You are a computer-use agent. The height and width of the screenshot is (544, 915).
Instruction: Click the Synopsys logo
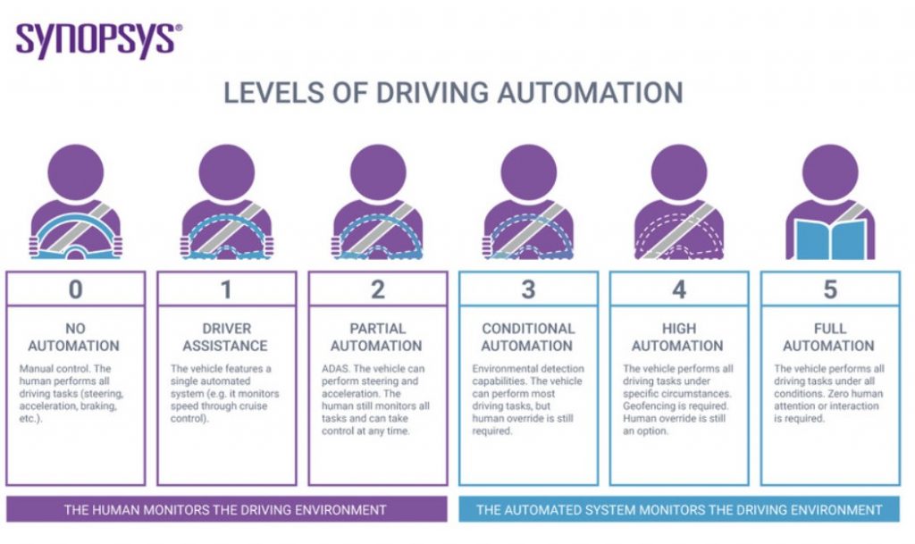98,41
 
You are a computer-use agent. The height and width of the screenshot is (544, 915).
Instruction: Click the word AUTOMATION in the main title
590,93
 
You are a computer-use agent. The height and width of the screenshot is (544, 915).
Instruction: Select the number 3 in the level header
528,289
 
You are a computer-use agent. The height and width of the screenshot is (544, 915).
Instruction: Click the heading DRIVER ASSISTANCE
226,337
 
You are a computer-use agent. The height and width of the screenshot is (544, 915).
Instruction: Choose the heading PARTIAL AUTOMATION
376,337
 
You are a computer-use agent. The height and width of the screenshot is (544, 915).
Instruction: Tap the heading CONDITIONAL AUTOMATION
527,337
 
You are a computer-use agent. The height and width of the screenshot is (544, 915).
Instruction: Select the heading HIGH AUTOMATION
678,337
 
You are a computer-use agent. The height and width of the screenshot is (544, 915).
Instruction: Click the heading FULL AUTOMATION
828,337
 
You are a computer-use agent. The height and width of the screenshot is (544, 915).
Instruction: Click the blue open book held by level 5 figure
830,239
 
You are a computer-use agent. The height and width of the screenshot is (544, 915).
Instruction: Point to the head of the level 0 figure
75,172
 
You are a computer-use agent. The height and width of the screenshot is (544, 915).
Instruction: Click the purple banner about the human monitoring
226,509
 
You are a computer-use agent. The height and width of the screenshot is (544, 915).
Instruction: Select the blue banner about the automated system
679,509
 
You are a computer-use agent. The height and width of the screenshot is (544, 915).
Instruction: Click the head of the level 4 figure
679,172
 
